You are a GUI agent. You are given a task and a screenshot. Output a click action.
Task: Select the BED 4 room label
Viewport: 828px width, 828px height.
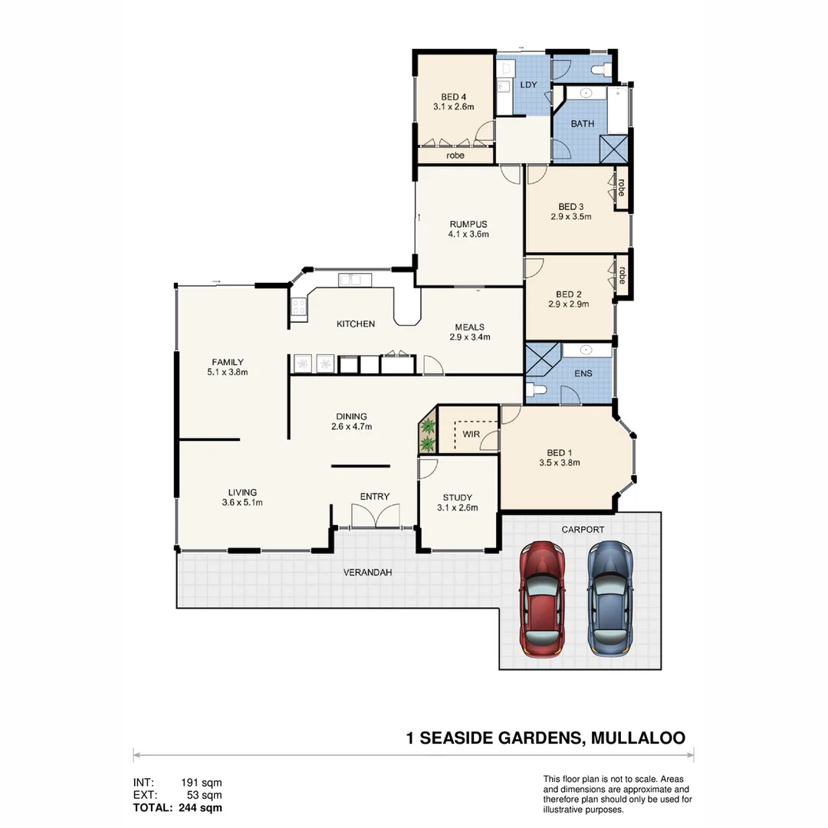(453, 97)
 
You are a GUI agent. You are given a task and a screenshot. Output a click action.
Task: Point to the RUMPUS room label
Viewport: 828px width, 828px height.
(468, 224)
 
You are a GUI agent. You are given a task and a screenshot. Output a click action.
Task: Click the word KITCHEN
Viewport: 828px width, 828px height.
(356, 324)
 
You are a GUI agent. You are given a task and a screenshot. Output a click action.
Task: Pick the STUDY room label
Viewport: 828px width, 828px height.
(457, 497)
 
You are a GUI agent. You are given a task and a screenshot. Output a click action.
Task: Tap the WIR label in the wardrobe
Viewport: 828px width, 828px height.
(470, 435)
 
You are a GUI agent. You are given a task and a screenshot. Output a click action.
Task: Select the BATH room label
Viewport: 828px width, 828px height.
(582, 123)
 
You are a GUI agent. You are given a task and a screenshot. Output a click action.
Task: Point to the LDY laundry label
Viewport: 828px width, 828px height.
(529, 84)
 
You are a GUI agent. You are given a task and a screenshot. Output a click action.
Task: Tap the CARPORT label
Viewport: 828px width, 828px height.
(583, 529)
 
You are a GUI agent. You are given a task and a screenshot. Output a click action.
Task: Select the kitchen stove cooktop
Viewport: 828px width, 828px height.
(298, 307)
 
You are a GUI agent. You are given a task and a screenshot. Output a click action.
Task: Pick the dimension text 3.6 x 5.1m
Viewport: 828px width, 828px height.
(242, 503)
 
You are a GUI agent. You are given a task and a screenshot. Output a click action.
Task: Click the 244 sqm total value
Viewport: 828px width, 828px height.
(201, 807)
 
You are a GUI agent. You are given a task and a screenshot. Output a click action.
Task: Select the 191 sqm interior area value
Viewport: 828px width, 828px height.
(201, 783)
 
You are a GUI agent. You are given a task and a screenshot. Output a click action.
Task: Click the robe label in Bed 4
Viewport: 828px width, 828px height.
(455, 156)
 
